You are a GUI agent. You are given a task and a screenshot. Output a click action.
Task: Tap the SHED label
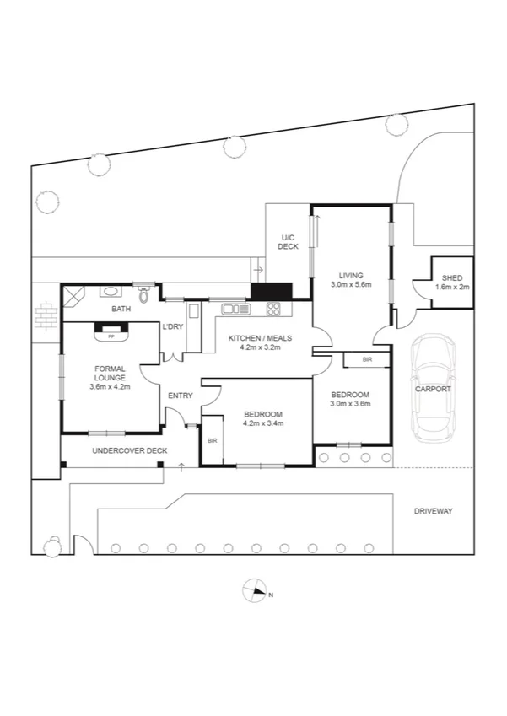click(x=452, y=277)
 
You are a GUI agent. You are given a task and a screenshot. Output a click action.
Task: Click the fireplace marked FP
click(x=111, y=335)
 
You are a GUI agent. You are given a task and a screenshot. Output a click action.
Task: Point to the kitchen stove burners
click(x=274, y=309)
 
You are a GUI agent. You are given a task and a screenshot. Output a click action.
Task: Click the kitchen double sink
click(x=235, y=309)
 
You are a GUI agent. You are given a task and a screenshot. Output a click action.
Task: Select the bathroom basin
click(x=111, y=293)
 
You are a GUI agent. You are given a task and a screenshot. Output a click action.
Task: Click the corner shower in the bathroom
click(x=74, y=296)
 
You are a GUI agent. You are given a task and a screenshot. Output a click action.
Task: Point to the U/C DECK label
click(x=289, y=243)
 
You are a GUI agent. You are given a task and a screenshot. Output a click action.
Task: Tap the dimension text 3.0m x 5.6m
click(x=351, y=285)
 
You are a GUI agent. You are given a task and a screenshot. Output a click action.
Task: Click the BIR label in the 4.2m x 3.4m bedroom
click(x=211, y=440)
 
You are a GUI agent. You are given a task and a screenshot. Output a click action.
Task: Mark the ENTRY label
click(x=180, y=396)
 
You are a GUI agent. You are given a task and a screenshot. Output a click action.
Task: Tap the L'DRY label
click(x=173, y=327)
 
